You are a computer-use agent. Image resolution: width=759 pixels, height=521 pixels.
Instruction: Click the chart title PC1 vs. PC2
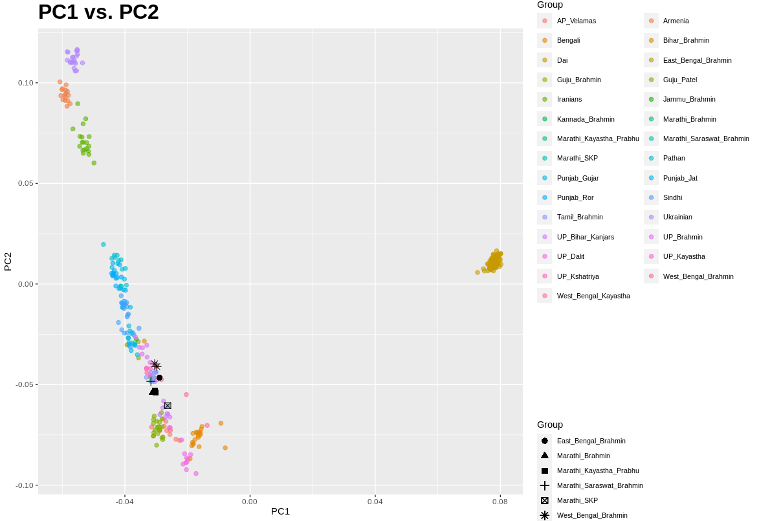click(x=98, y=12)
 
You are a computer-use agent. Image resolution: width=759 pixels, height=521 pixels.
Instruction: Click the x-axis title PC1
click(x=280, y=511)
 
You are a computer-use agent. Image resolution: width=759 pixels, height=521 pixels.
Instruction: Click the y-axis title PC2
click(x=8, y=261)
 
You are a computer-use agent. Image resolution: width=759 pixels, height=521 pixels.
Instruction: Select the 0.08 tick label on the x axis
click(x=500, y=501)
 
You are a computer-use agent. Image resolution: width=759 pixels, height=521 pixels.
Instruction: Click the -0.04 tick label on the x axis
click(x=125, y=501)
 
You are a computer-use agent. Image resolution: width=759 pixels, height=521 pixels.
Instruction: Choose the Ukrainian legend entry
click(x=677, y=217)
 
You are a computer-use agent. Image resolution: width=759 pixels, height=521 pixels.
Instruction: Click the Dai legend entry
click(x=562, y=60)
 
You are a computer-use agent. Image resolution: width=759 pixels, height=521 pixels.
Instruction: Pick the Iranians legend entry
click(x=569, y=99)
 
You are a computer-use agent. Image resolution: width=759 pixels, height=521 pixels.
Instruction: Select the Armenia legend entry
click(x=676, y=21)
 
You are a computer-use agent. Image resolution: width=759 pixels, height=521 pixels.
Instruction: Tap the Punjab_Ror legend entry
click(x=575, y=197)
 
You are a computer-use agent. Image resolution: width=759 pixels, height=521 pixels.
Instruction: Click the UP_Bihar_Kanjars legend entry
click(x=585, y=237)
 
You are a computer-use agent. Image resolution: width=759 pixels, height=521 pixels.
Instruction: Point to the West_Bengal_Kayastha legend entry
click(x=593, y=296)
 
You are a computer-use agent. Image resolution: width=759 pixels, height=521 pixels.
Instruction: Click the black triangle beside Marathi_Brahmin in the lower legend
click(x=544, y=456)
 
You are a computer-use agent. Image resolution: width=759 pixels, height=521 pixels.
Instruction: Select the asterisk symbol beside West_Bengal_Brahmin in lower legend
click(x=544, y=515)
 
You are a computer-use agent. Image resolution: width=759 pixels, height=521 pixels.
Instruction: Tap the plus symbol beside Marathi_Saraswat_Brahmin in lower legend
click(x=544, y=485)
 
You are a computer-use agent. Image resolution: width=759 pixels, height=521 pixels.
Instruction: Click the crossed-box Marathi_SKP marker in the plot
click(x=168, y=406)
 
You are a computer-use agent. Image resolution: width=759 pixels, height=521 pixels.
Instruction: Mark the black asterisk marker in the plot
click(x=155, y=366)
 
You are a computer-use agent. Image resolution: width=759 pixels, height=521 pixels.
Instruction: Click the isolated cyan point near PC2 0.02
click(x=103, y=245)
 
